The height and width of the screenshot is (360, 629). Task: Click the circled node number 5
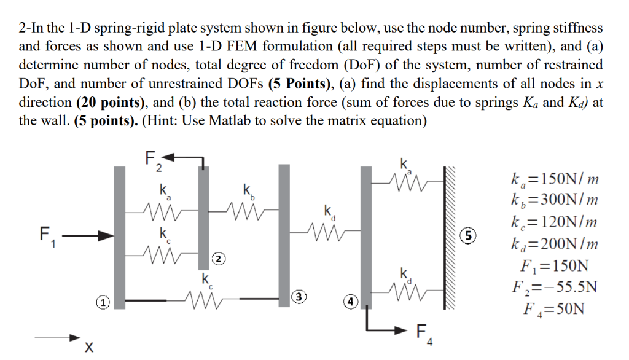[468, 235]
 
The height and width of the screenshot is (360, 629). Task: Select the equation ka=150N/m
[550, 179]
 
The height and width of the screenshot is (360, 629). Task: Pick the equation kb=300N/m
[550, 201]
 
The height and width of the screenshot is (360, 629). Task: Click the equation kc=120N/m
[550, 222]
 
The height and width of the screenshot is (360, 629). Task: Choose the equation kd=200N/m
[550, 244]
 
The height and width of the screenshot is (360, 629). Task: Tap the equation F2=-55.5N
[550, 286]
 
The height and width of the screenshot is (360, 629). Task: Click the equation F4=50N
[550, 308]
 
